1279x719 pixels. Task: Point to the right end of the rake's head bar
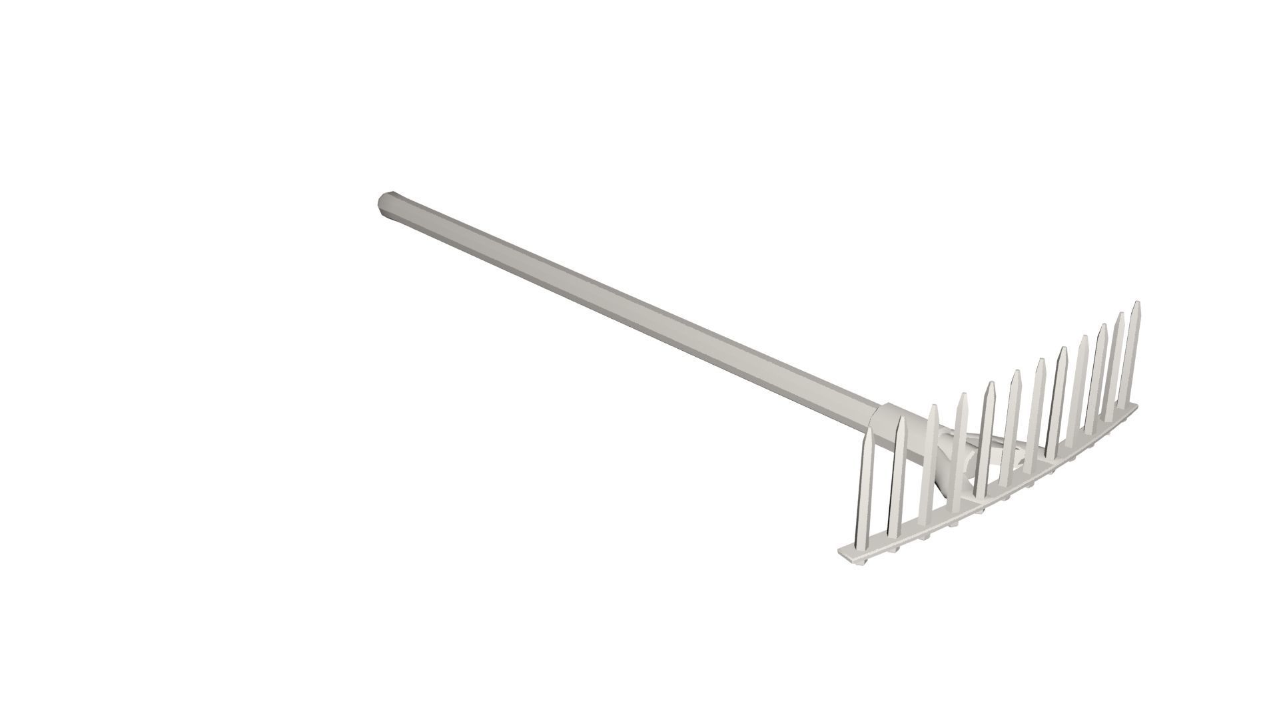coord(1138,405)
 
